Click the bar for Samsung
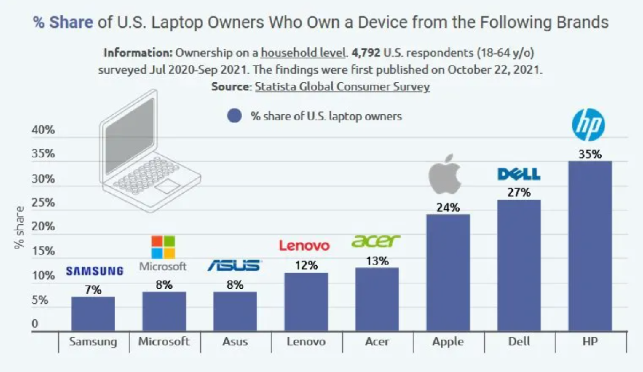(x=93, y=313)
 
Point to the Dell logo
(x=519, y=174)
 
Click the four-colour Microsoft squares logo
(x=163, y=247)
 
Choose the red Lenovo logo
(x=304, y=246)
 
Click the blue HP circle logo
(x=588, y=125)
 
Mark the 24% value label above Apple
(x=448, y=207)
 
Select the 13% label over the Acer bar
(x=377, y=261)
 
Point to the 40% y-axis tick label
(x=43, y=130)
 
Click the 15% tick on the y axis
(x=43, y=251)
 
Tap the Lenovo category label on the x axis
(x=305, y=341)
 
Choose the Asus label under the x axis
(x=235, y=341)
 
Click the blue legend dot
(x=234, y=116)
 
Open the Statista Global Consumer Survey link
(x=342, y=87)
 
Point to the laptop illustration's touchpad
(x=168, y=186)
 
